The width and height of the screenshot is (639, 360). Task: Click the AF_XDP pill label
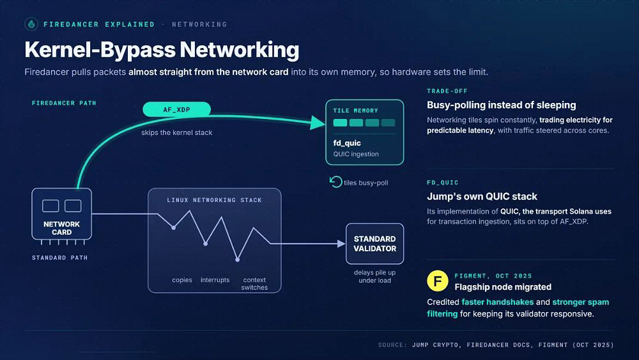(x=176, y=109)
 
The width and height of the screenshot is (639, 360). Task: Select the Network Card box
(x=61, y=214)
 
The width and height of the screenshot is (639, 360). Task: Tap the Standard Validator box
(x=374, y=244)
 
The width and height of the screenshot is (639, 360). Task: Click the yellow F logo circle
(x=437, y=281)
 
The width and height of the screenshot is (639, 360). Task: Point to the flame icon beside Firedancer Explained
(x=31, y=24)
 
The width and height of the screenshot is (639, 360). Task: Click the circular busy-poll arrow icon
(x=335, y=182)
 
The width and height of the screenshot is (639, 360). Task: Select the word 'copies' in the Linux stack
(x=181, y=280)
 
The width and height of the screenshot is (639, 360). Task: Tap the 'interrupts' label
(x=215, y=280)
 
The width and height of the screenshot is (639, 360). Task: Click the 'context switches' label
(x=254, y=284)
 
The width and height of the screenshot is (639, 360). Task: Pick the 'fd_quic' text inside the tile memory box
(x=347, y=143)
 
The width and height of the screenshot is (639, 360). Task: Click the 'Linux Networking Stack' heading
(x=214, y=200)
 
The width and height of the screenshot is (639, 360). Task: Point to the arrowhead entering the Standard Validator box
(x=341, y=244)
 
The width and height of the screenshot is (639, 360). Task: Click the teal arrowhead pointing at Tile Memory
(x=318, y=122)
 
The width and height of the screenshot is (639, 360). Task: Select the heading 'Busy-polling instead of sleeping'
(x=501, y=106)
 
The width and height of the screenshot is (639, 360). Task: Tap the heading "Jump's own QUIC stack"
(x=482, y=196)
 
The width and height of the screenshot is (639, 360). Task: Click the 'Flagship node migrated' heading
(x=503, y=287)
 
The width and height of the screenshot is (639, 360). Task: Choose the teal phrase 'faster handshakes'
(x=497, y=302)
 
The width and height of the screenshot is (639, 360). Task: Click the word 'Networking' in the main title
(x=239, y=50)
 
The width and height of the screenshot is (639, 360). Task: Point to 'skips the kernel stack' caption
(x=176, y=132)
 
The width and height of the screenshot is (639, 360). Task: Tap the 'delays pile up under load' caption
(x=374, y=276)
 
